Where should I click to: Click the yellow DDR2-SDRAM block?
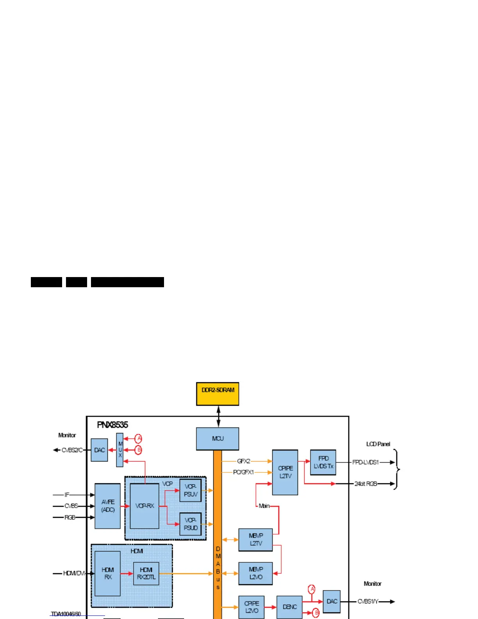(x=218, y=394)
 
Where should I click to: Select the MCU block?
(x=218, y=438)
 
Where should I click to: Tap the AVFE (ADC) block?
(x=107, y=506)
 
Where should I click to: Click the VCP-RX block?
(x=144, y=506)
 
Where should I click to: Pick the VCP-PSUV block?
(x=191, y=490)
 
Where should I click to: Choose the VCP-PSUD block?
(x=191, y=524)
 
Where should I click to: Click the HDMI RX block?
(x=107, y=573)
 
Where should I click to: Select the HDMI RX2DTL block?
(x=146, y=573)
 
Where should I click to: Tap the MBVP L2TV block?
(x=255, y=540)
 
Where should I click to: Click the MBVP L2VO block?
(x=255, y=573)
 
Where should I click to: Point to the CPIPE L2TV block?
(x=285, y=472)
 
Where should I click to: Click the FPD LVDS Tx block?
(x=323, y=462)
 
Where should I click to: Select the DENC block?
(x=289, y=607)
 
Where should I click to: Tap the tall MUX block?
(x=120, y=450)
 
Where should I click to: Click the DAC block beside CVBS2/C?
(x=99, y=450)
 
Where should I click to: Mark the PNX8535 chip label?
(x=112, y=425)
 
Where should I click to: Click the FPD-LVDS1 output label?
(x=366, y=462)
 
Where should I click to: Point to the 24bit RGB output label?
(x=366, y=484)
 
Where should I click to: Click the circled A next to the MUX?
(x=138, y=438)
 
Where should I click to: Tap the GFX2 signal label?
(x=244, y=461)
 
